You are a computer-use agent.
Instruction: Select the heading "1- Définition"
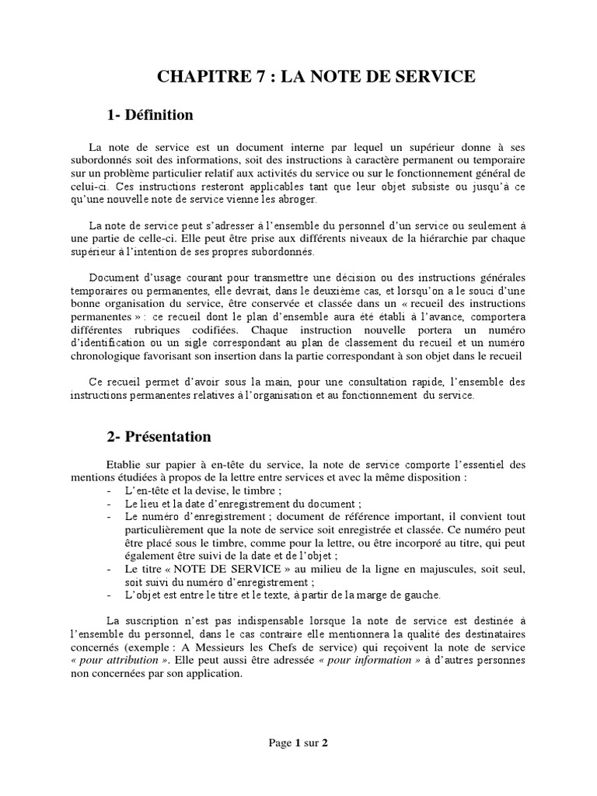[150, 115]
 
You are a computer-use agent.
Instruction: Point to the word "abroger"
[275, 199]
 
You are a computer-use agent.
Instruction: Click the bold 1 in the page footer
[297, 742]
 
